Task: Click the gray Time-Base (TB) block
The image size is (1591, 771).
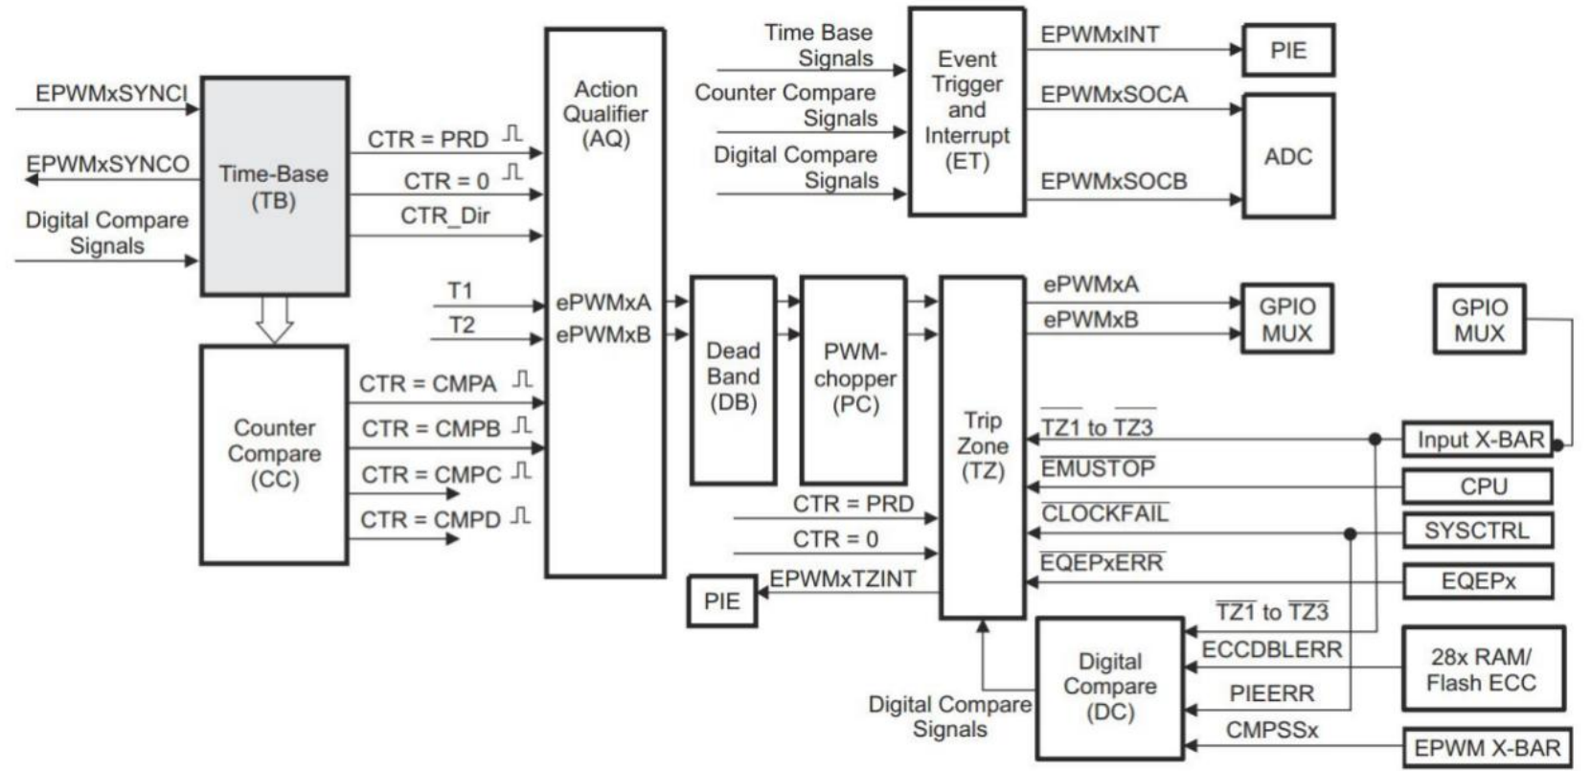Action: (x=274, y=187)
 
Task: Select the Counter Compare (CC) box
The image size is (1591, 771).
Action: (x=274, y=454)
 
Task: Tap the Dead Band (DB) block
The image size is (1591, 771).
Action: (x=733, y=378)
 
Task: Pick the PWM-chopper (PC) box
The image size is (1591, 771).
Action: (x=853, y=379)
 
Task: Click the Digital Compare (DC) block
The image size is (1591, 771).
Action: (x=1109, y=687)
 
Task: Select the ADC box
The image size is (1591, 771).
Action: (x=1287, y=156)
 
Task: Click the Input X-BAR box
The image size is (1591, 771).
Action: (x=1476, y=440)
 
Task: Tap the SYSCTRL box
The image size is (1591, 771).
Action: (x=1476, y=531)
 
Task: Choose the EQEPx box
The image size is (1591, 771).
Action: (x=1476, y=581)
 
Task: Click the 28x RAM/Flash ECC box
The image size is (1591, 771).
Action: (x=1482, y=669)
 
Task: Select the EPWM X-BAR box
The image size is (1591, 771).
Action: (x=1487, y=748)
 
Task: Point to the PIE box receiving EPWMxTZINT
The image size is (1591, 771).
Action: (x=722, y=601)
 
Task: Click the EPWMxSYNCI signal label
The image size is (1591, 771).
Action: (x=111, y=94)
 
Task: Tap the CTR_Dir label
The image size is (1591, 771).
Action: (x=444, y=216)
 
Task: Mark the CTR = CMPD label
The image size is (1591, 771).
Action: (x=430, y=520)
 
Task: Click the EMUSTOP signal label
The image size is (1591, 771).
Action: (x=1098, y=469)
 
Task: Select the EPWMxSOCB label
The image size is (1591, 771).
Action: (x=1113, y=181)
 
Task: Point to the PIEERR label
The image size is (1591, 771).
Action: (x=1271, y=693)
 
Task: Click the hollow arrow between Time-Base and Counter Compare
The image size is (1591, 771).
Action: (x=274, y=320)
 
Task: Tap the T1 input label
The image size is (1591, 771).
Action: (x=461, y=290)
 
